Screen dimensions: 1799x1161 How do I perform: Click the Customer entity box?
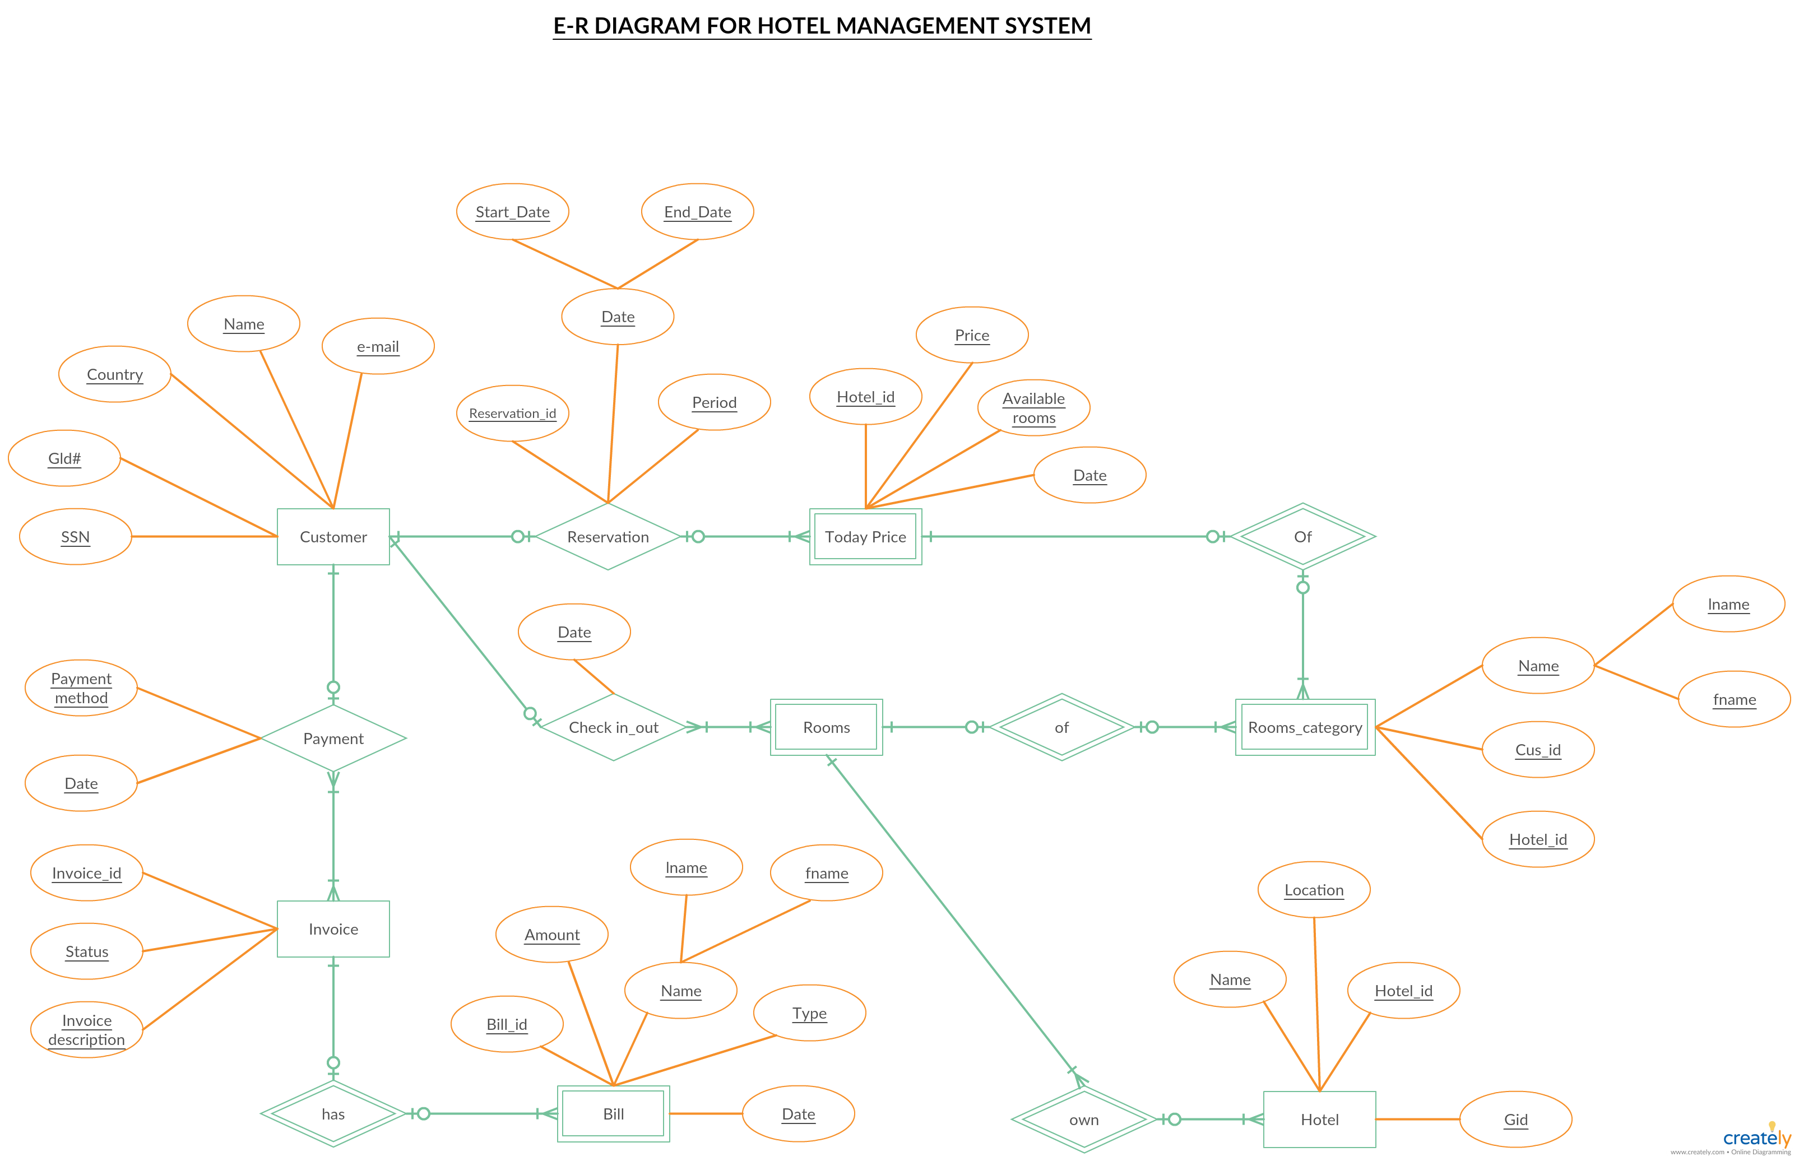(x=333, y=537)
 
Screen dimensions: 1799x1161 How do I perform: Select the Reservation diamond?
(x=608, y=537)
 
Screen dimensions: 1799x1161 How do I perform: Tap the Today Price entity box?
(x=865, y=537)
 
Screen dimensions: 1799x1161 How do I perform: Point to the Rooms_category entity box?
(x=1305, y=727)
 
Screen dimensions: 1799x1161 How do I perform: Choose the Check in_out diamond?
(x=613, y=727)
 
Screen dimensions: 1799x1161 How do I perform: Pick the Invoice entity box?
(x=333, y=929)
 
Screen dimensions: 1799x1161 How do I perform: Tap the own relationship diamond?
(x=1084, y=1120)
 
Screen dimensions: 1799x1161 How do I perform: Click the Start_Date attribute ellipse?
(x=513, y=212)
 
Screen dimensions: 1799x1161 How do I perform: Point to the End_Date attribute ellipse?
(x=697, y=212)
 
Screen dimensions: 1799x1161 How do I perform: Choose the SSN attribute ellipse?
(x=76, y=537)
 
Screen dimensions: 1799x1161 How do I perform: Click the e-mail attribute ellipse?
(x=378, y=346)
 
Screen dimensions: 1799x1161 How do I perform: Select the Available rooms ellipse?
(x=1033, y=408)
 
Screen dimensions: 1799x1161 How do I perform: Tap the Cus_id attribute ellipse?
(x=1538, y=749)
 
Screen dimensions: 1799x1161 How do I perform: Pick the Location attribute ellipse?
(x=1314, y=890)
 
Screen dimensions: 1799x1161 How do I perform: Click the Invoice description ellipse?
(x=87, y=1030)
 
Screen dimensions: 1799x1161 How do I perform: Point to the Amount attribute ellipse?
(x=552, y=935)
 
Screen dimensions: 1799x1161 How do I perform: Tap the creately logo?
(x=1757, y=1137)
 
